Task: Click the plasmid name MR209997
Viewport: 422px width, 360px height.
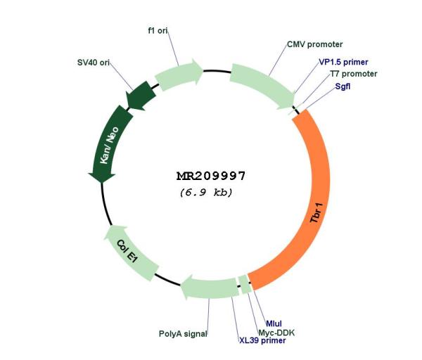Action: point(211,176)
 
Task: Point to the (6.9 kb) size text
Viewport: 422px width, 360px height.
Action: point(206,193)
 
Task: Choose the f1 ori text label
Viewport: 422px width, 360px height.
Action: point(158,31)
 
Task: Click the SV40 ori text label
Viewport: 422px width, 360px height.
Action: point(94,63)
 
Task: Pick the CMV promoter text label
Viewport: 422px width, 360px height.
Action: point(314,44)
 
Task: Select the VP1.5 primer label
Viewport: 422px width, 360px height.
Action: point(343,62)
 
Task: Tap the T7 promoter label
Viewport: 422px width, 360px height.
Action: point(354,74)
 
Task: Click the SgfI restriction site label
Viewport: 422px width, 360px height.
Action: point(343,86)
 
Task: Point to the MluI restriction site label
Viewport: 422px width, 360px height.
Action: point(274,323)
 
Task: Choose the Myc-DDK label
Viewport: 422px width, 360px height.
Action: point(276,333)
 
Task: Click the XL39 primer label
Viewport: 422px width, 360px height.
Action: point(262,340)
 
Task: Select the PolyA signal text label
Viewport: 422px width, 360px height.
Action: point(183,334)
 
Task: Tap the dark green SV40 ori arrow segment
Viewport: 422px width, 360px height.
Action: point(141,96)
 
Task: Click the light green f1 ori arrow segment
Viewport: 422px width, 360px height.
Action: point(178,75)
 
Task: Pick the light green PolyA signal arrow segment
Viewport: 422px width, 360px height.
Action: point(209,288)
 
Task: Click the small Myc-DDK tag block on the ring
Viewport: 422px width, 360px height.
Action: point(245,284)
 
